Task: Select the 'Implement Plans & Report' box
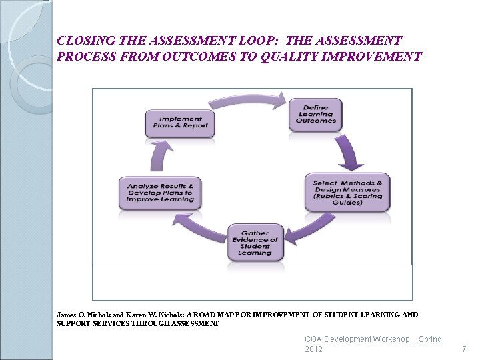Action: pyautogui.click(x=180, y=122)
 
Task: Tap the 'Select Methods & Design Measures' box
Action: pyautogui.click(x=347, y=192)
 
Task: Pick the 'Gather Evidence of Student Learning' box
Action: pyautogui.click(x=255, y=243)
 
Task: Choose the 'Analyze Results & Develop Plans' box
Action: pyautogui.click(x=160, y=193)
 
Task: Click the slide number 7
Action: pyautogui.click(x=465, y=349)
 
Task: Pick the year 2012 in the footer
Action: pyautogui.click(x=313, y=349)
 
